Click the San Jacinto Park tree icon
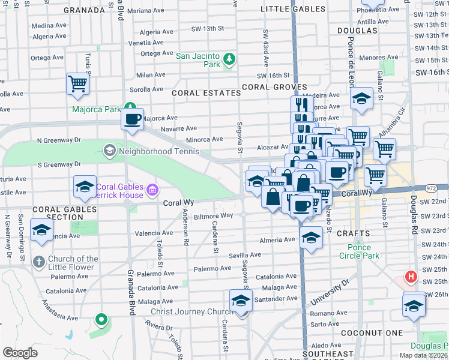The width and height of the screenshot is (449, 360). click(x=229, y=58)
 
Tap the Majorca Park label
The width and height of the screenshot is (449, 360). click(x=96, y=109)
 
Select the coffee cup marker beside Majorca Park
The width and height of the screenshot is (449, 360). click(x=132, y=118)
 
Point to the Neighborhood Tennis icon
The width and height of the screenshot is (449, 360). click(x=109, y=149)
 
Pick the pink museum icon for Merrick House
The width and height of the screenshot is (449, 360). click(x=152, y=191)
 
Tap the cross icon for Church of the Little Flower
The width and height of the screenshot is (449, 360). click(x=38, y=262)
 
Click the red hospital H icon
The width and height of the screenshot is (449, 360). click(x=411, y=277)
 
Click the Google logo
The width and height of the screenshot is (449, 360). click(x=20, y=352)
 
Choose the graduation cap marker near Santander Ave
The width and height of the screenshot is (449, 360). click(x=241, y=301)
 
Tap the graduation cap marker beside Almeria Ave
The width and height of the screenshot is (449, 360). click(x=310, y=239)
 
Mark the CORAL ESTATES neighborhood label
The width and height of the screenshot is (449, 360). click(x=198, y=93)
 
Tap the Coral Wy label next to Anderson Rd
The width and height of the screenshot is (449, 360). click(x=177, y=203)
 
